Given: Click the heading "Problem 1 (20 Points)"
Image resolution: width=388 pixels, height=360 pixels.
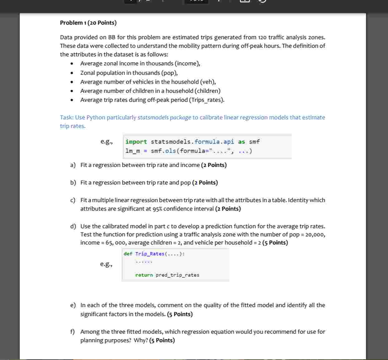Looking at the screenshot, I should [x=88, y=23].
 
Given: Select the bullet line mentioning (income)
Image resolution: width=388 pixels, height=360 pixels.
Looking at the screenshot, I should [x=140, y=64].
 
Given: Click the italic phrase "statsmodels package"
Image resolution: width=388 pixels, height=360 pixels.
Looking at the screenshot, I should [x=164, y=118].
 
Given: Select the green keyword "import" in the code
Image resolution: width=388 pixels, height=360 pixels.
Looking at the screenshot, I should [x=136, y=142].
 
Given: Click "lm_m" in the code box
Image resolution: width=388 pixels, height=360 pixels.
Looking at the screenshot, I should [x=132, y=151].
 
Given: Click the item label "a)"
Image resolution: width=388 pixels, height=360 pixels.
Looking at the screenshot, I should [x=73, y=165].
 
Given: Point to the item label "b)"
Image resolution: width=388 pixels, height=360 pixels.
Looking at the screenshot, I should [x=73, y=183].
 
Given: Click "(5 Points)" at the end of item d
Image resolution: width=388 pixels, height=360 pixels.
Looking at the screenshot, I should [x=275, y=243].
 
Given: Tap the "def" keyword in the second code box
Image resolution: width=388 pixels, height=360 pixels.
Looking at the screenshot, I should [x=128, y=254].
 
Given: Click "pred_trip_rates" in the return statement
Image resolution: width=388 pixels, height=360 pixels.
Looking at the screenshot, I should [x=177, y=275].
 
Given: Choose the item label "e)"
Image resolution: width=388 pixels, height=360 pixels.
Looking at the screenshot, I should [x=73, y=305].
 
